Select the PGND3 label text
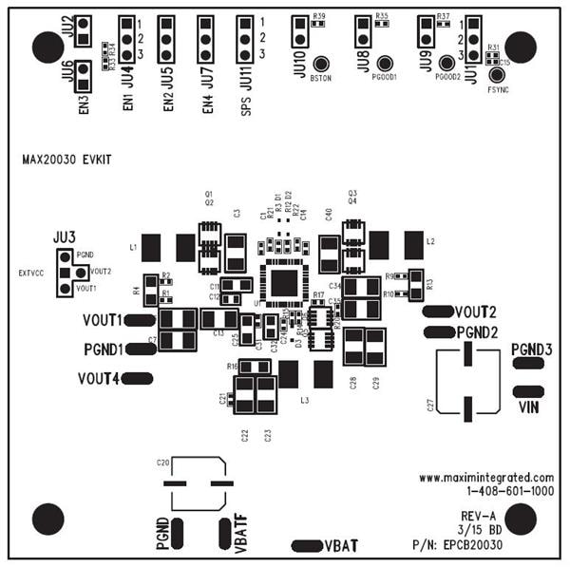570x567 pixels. (531, 350)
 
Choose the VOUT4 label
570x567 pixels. (99, 379)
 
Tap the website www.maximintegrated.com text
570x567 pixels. (485, 477)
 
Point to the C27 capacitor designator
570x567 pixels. (430, 406)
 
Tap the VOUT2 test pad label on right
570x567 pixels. (476, 312)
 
